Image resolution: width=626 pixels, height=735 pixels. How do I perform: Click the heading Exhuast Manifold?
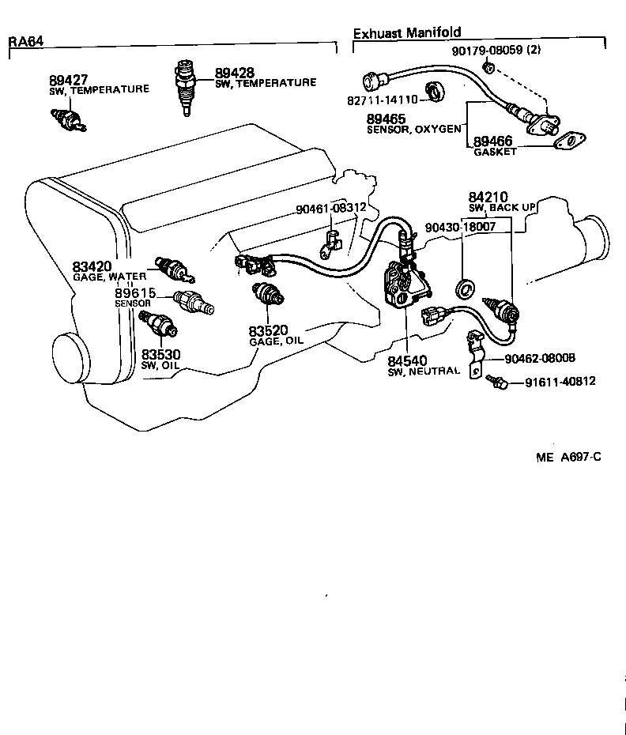coord(406,33)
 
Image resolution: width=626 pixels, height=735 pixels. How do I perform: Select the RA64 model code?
coord(25,41)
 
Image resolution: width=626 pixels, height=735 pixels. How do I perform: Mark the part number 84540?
coord(407,360)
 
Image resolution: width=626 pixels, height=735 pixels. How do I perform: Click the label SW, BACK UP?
coord(501,208)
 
